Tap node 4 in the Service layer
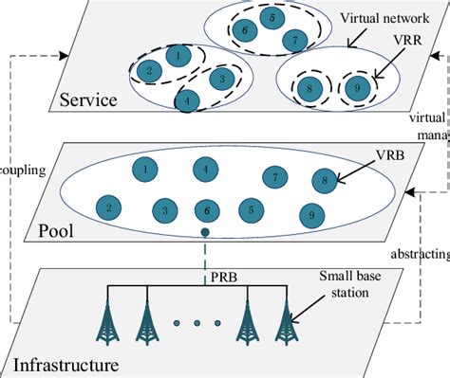(188, 99)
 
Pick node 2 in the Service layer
(147, 70)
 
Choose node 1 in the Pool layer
(144, 169)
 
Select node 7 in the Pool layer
(274, 176)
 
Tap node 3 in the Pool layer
(165, 210)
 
